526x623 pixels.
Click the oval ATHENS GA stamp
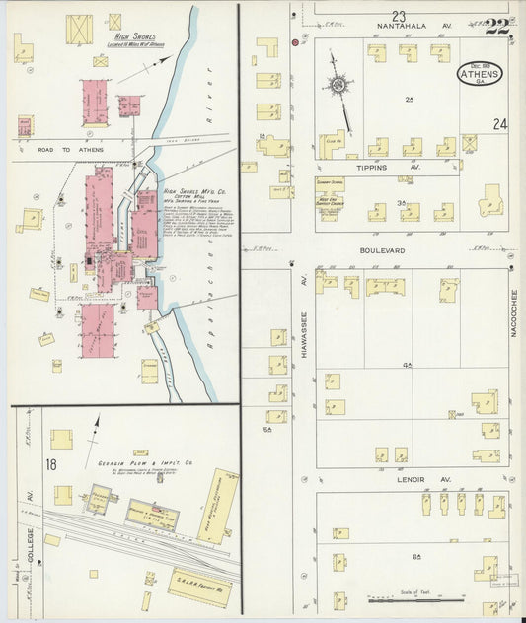480,74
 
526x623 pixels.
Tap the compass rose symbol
338,86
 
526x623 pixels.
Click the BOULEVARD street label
382,251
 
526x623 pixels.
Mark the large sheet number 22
496,27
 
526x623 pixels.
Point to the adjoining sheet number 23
398,16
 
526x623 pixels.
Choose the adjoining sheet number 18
50,464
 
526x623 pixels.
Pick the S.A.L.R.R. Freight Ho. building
200,586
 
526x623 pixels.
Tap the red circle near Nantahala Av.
296,44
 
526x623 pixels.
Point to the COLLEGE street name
31,541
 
